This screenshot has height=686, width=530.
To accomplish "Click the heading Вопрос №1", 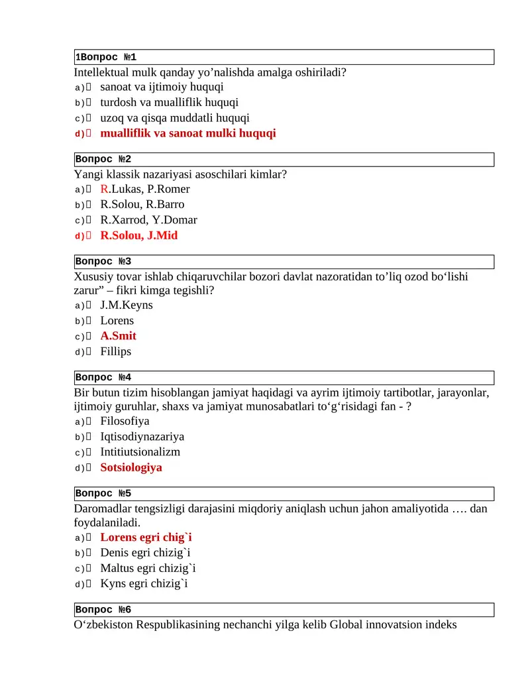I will point(106,57).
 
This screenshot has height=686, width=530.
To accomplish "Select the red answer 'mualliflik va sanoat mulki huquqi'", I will point(187,133).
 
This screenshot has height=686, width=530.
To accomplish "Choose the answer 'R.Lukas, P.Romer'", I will point(144,189).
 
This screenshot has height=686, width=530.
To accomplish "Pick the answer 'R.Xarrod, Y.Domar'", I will point(148,220).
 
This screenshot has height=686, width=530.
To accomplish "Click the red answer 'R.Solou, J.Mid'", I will point(138,235).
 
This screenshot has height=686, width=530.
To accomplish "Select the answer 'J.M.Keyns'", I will point(126,305).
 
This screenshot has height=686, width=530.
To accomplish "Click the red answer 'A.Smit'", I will point(118,336).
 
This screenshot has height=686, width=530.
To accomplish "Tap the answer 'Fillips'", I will point(115,351).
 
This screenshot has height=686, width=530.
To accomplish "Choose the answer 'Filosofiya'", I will point(125,421).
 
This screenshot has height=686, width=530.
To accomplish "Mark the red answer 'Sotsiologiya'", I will point(131,467).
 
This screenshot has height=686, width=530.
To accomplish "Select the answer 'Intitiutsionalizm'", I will point(140,452).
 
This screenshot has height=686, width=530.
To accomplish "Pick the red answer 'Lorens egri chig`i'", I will point(146,538).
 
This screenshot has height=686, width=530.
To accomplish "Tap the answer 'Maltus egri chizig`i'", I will point(148,568).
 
